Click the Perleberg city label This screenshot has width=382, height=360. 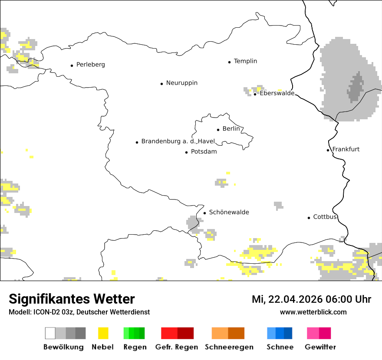pyautogui.click(x=90, y=65)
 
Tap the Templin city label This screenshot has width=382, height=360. pyautogui.click(x=245, y=61)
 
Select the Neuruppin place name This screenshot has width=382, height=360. pyautogui.click(x=181, y=83)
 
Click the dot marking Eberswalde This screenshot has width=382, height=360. pyautogui.click(x=255, y=94)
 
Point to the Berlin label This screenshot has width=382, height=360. pyautogui.click(x=231, y=129)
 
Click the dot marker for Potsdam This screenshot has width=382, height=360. pyautogui.click(x=187, y=152)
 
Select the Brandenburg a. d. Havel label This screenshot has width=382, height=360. pyautogui.click(x=178, y=141)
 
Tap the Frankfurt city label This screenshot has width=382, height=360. pyautogui.click(x=346, y=149)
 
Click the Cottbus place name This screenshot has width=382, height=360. pyautogui.click(x=325, y=217)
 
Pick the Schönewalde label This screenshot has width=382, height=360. pyautogui.click(x=229, y=212)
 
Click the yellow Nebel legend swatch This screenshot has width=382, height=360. pyautogui.click(x=103, y=333)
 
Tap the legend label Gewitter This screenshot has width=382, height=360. pyautogui.click(x=320, y=347)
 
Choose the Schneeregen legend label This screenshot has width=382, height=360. pyautogui.click(x=229, y=347)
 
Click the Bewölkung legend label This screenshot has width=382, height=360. pyautogui.click(x=63, y=347)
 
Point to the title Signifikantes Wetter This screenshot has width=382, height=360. pyautogui.click(x=72, y=299)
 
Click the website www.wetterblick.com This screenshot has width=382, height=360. pyautogui.click(x=313, y=312)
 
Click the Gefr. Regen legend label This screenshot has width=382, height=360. pyautogui.click(x=177, y=347)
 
